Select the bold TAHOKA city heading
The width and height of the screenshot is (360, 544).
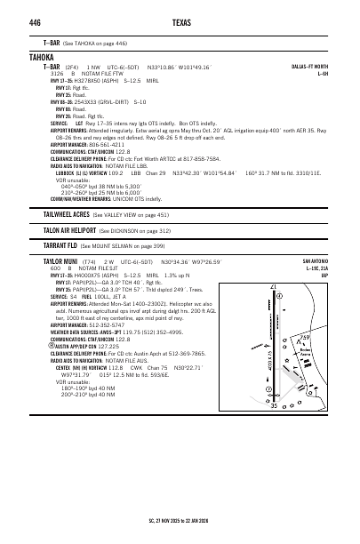tap(43, 56)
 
